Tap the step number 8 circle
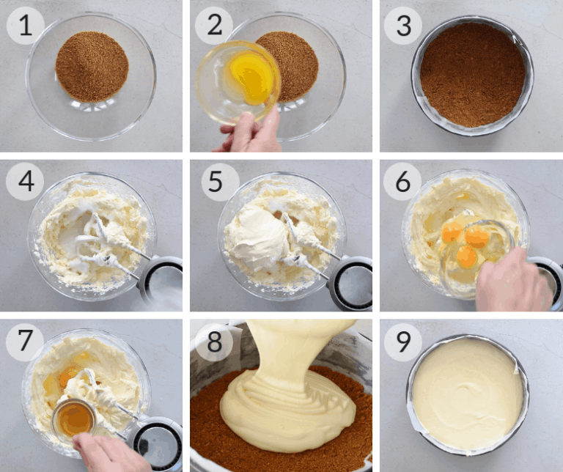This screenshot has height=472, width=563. tap(214, 342)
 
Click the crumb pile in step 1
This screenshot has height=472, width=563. tap(92, 66)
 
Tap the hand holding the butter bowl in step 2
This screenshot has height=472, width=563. tap(253, 132)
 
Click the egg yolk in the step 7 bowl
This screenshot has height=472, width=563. tap(67, 376)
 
